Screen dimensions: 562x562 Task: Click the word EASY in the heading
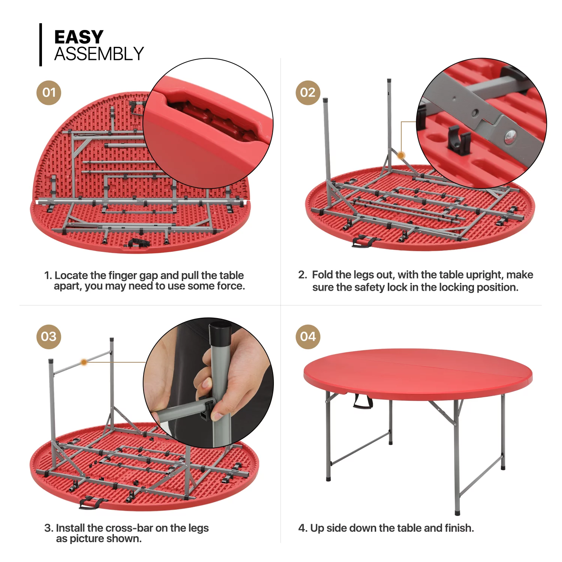point(79,37)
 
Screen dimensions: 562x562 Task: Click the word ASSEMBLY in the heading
point(99,54)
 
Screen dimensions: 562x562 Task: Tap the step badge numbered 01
point(49,93)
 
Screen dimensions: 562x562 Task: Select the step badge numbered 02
point(308,93)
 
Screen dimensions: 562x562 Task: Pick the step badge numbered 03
point(49,336)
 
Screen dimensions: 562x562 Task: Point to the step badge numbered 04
point(308,336)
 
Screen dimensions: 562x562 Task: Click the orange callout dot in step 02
point(401,155)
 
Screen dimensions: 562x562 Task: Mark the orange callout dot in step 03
point(84,362)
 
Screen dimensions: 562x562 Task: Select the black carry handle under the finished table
point(362,401)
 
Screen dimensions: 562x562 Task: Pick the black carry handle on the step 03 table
point(91,502)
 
